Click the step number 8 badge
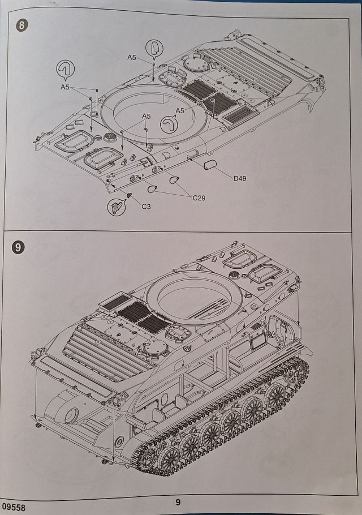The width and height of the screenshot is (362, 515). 21,26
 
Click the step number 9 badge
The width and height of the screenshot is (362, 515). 19,247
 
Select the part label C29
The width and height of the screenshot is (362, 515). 199,198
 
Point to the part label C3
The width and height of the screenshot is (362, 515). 146,207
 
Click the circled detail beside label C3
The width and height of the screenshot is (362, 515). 116,207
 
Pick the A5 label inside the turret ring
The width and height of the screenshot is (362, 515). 180,110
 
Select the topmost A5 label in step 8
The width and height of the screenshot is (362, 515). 131,57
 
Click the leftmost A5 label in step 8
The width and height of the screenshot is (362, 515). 65,87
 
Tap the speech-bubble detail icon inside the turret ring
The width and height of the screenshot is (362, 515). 170,123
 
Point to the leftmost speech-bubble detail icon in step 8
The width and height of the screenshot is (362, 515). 66,69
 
